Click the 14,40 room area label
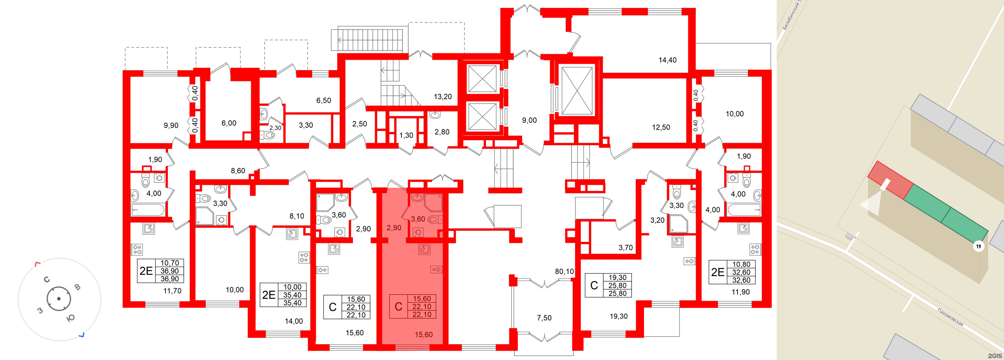[x=667, y=60]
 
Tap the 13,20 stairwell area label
[x=443, y=97]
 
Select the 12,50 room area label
[x=661, y=127]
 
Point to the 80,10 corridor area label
[x=564, y=271]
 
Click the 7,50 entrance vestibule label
[x=544, y=318]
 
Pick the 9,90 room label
[x=171, y=126]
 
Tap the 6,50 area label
[x=323, y=101]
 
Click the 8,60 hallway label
[x=238, y=171]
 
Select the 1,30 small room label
[x=406, y=135]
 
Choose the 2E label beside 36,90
[x=146, y=271]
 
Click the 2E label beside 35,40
[x=269, y=294]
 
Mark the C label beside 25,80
[x=594, y=285]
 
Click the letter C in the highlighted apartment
[x=398, y=307]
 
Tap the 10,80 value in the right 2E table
[x=741, y=264]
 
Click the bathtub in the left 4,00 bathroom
[x=148, y=209]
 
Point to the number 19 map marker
[x=978, y=246]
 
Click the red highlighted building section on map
[x=890, y=180]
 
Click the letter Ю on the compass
[x=70, y=319]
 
